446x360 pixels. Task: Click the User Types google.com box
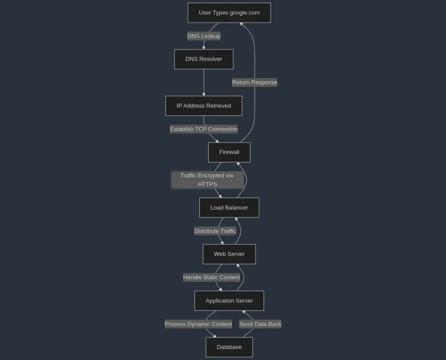(229, 13)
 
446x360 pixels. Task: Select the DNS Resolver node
(203, 59)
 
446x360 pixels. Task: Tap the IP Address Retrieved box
(203, 106)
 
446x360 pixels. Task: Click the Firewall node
(229, 152)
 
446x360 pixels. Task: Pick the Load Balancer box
(229, 208)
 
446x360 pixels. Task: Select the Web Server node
(229, 254)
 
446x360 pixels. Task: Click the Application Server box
(229, 301)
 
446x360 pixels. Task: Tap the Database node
(229, 347)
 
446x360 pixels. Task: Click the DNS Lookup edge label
(203, 36)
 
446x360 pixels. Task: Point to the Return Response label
(255, 82)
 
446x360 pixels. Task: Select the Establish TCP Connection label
(203, 129)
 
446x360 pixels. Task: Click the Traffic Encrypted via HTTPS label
(207, 180)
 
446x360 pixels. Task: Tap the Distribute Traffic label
(215, 231)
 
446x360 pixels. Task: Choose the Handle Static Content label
(211, 277)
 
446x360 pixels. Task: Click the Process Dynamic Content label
(198, 324)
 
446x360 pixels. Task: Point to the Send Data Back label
(260, 324)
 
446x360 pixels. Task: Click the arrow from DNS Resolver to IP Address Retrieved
(204, 82)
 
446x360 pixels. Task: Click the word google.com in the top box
(244, 13)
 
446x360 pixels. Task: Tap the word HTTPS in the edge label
(207, 184)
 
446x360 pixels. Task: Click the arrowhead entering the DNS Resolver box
(204, 48)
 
